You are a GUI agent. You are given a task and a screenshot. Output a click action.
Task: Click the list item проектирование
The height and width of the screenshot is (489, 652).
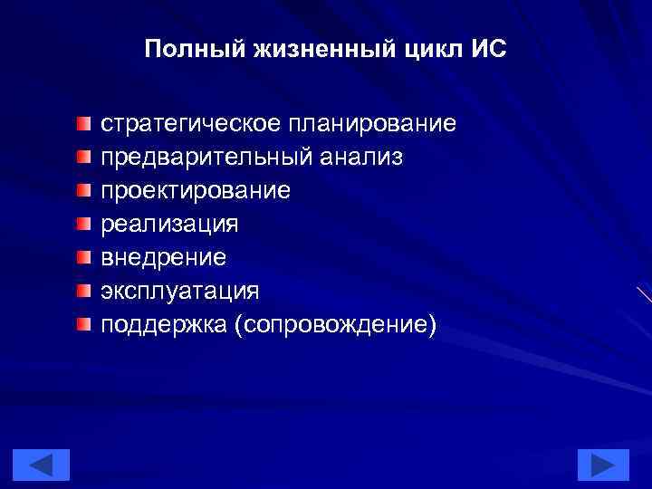click(196, 190)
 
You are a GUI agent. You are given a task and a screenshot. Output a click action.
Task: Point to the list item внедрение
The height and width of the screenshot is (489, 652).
click(164, 257)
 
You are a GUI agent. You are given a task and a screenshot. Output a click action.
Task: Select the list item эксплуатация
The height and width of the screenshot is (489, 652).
click(179, 291)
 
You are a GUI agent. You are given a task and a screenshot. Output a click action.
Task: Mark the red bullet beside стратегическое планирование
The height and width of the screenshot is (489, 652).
click(83, 122)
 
